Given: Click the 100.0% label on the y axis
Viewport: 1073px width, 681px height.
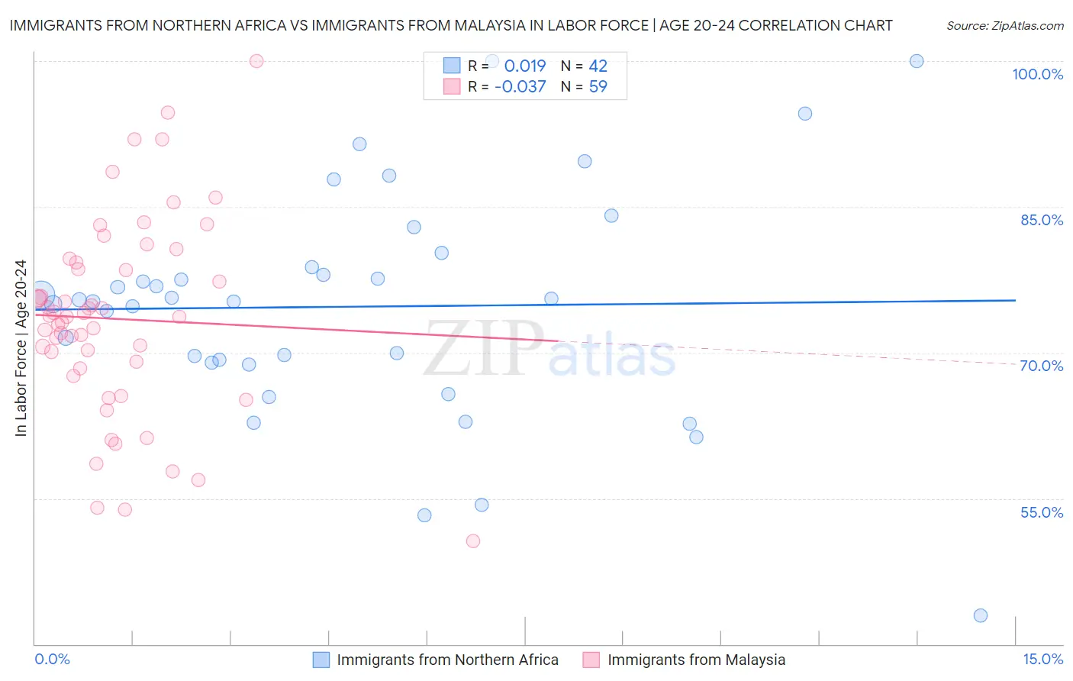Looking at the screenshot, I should pos(1037,74).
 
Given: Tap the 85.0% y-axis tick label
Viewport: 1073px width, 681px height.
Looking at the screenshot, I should pos(1042,220).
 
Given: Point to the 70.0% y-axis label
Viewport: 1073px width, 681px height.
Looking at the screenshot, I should pos(1042,366).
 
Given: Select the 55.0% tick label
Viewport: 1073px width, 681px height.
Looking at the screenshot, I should pos(1042,512).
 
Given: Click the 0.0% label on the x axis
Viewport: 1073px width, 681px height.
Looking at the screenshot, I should pos(52,660).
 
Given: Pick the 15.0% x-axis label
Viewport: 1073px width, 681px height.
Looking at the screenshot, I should pos(1042,660).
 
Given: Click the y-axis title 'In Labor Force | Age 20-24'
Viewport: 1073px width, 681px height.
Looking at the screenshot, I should pos(21,348).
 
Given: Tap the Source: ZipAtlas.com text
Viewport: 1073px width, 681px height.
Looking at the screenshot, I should pos(1004,26).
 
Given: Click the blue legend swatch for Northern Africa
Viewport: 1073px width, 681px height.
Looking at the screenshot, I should pos(321,660).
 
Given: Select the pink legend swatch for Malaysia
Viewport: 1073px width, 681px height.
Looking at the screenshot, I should pos(591,660).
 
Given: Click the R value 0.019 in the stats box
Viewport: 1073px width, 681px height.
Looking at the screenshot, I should pos(525,66).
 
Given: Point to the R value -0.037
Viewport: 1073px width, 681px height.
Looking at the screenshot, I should pos(520,87).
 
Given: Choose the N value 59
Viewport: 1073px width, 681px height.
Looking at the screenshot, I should pos(598,87).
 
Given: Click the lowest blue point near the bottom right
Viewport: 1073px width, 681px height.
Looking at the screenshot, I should pos(981,615).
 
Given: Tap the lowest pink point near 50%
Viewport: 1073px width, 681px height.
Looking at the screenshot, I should pos(473,541).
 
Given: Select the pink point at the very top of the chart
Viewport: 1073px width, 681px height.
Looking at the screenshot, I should pos(256,61).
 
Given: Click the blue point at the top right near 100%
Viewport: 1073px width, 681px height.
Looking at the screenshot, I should pos(917,61).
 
